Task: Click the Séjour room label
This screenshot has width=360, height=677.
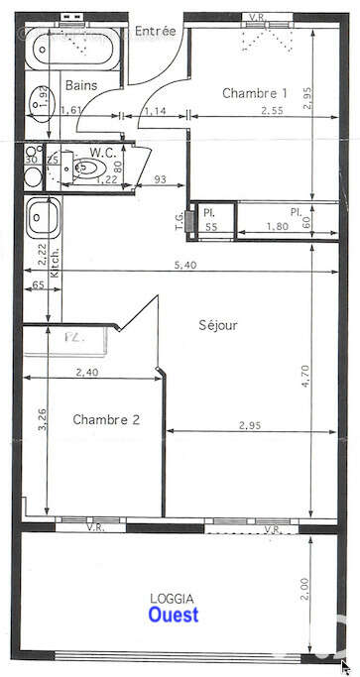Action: coord(218,324)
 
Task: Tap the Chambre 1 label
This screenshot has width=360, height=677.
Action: coord(255,93)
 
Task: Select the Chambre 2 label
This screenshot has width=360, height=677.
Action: coord(106,419)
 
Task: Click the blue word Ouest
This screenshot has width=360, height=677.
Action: coord(173,615)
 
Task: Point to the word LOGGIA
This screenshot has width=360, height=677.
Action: coord(172,598)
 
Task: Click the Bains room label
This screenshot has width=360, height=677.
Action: coord(81,85)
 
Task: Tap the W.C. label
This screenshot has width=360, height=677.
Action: coord(104,152)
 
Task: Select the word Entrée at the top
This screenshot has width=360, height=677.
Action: coord(155,31)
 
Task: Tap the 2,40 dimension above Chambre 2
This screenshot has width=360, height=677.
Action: coord(87,372)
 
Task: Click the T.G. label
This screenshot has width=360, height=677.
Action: coord(180,220)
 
